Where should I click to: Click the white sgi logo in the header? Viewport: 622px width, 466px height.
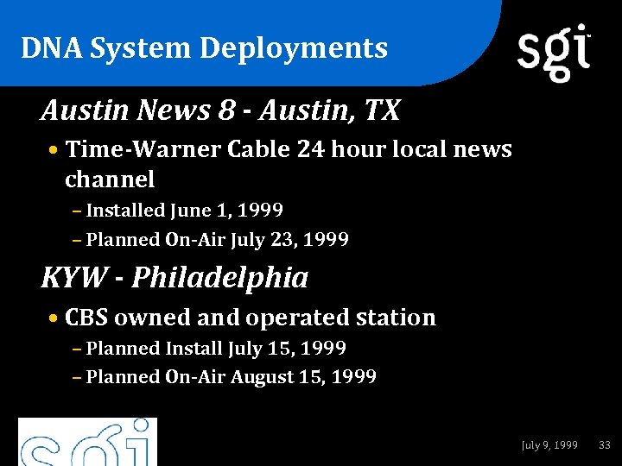[x=554, y=52]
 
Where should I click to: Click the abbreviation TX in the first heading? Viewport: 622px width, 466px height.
[x=381, y=110]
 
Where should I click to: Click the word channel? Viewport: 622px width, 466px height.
[x=110, y=179]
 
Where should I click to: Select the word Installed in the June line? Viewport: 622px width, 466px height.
[x=126, y=211]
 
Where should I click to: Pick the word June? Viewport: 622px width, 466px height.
[x=190, y=211]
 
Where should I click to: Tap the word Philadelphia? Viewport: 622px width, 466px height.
[x=220, y=278]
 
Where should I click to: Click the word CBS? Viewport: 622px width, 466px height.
[x=86, y=318]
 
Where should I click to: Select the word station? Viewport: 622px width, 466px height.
[x=397, y=318]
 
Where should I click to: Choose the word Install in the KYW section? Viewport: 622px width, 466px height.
[x=194, y=349]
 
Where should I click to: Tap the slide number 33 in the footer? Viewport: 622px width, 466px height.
[x=605, y=445]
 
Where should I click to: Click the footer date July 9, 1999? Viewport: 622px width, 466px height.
[x=550, y=445]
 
